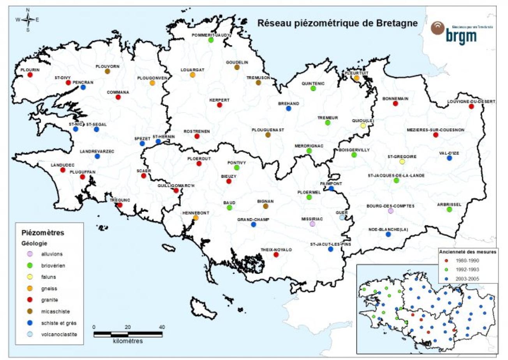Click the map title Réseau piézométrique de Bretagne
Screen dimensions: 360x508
[338, 23]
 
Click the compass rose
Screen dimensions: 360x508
[28, 19]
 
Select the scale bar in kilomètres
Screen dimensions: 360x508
[128, 334]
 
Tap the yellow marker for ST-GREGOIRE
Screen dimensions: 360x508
[402, 162]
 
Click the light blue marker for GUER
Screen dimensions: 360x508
[342, 217]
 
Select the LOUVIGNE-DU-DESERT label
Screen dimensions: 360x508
[471, 101]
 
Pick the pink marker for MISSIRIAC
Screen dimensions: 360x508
[312, 224]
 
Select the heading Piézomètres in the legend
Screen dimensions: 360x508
[42, 233]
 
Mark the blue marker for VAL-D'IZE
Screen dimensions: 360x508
[449, 158]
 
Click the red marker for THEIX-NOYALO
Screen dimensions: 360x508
[276, 255]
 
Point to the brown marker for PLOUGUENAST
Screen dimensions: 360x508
[267, 135]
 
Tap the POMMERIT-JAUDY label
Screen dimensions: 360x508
[211, 35]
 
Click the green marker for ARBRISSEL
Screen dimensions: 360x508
[449, 210]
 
